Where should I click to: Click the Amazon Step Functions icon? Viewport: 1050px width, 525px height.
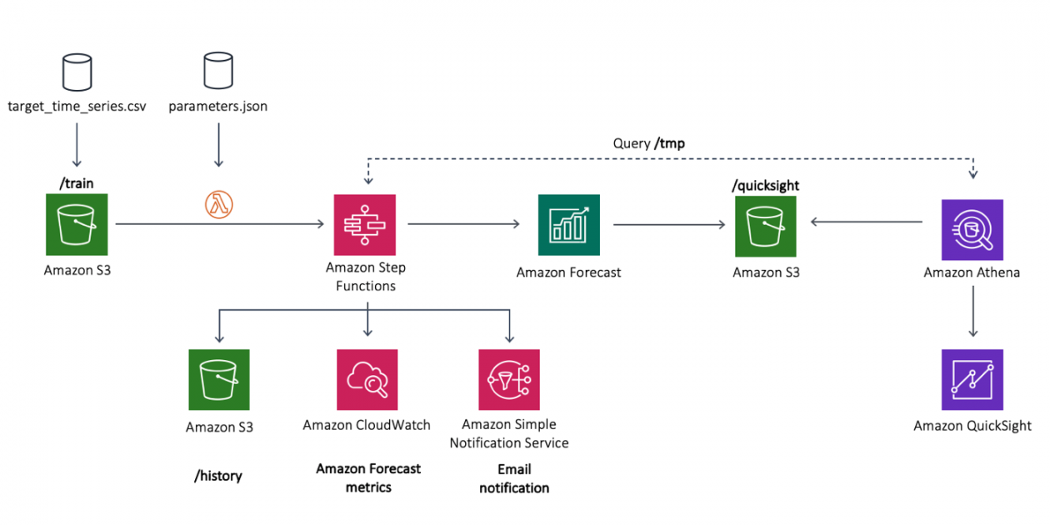click(365, 225)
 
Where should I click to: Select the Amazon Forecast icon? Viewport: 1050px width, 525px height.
click(568, 225)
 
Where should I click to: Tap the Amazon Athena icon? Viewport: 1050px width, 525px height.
click(972, 230)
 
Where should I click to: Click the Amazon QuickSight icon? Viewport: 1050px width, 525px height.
click(972, 380)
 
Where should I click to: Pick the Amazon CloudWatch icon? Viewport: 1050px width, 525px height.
click(367, 380)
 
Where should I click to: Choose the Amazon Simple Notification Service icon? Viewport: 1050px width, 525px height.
click(509, 380)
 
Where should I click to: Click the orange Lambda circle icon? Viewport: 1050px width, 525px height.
click(219, 204)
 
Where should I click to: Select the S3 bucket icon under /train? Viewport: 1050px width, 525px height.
click(77, 224)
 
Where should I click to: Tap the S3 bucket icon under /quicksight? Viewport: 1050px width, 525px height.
click(766, 227)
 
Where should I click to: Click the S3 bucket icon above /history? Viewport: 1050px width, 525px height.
click(219, 380)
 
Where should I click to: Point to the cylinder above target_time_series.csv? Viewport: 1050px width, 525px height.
click(77, 72)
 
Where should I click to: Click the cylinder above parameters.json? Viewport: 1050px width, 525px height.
click(218, 70)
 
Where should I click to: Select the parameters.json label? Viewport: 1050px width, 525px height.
click(218, 107)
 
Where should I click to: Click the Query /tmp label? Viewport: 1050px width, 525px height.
click(648, 143)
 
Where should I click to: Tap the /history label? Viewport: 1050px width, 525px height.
click(218, 476)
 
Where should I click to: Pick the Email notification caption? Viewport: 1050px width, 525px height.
click(514, 478)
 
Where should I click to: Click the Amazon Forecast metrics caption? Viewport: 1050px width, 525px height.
click(368, 478)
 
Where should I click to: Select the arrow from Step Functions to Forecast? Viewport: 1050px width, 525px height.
click(463, 224)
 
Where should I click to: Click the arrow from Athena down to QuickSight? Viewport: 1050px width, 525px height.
click(973, 312)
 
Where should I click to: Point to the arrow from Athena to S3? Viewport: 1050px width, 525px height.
click(867, 222)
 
